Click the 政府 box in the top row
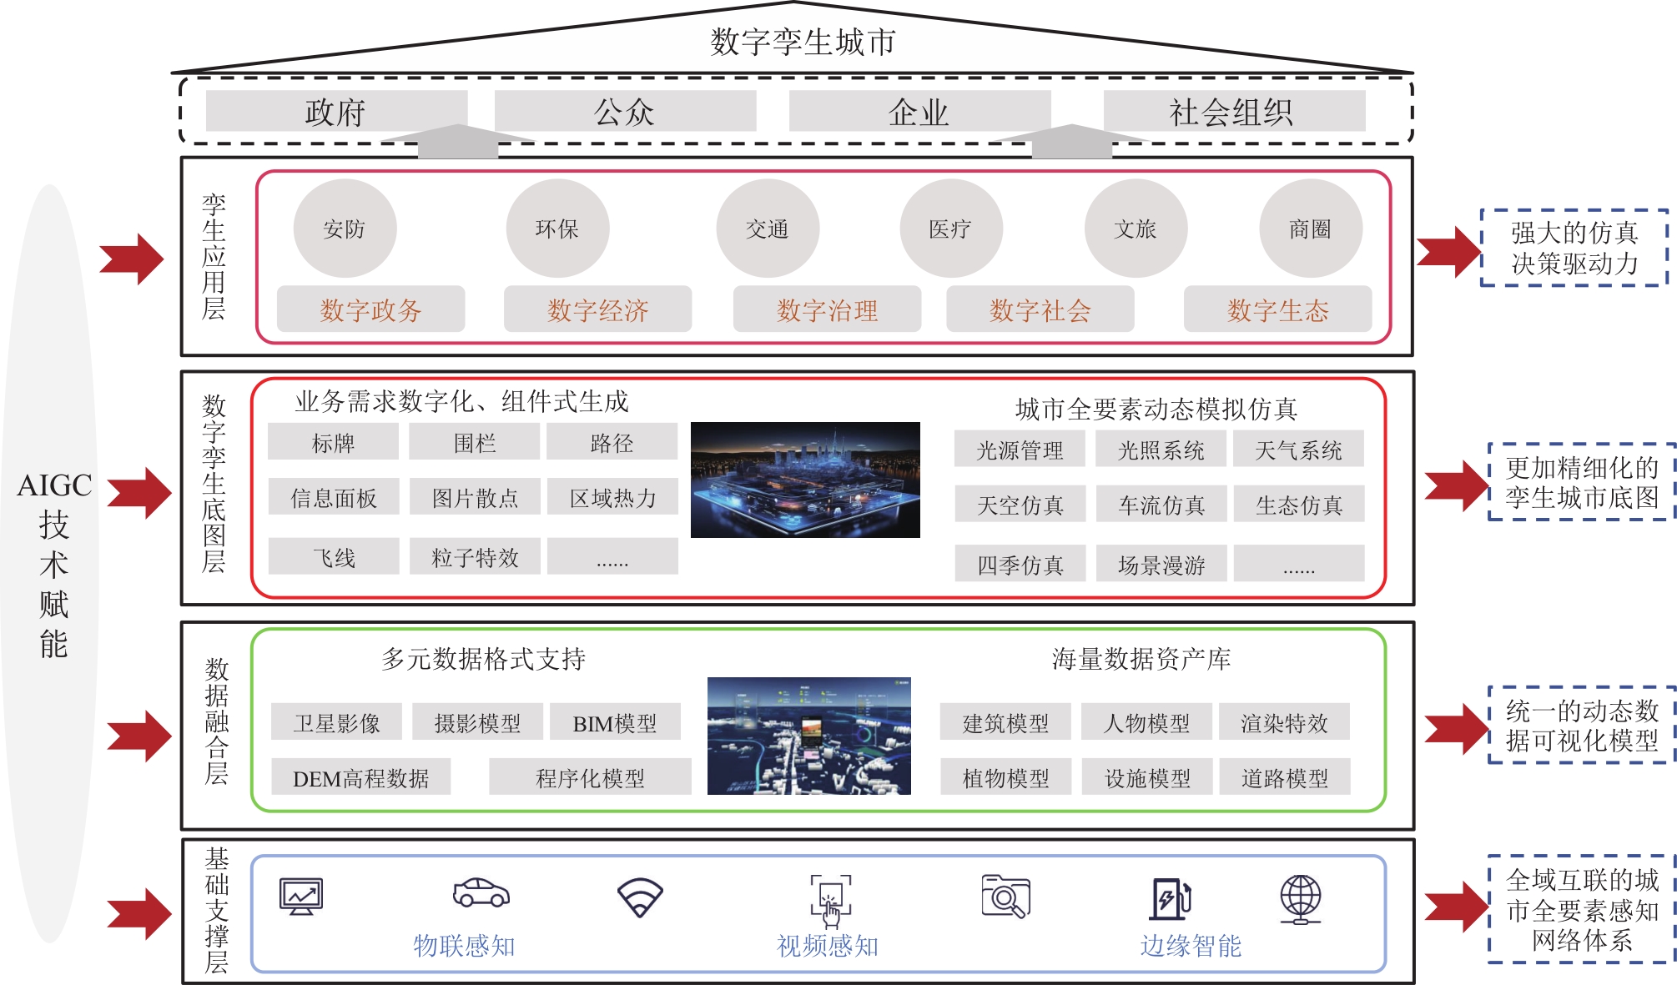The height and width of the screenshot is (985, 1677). tap(336, 111)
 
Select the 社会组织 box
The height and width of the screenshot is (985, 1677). tap(1234, 111)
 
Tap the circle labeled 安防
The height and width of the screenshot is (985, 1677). tap(345, 229)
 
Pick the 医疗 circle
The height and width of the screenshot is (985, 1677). tap(951, 229)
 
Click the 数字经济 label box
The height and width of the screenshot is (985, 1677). tap(597, 309)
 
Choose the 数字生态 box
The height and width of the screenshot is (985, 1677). tap(1277, 309)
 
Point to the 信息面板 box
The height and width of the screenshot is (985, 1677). tap(333, 497)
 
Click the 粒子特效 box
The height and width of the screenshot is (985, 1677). tap(475, 556)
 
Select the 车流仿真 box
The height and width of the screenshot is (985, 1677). tap(1161, 504)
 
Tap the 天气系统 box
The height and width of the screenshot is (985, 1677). tap(1299, 450)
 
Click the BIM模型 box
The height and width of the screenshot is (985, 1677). tap(615, 722)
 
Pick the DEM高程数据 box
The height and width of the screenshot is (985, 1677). tap(360, 777)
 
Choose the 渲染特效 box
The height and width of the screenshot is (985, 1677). tap(1284, 722)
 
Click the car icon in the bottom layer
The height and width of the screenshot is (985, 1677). tap(481, 892)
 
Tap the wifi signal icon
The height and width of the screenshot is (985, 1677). tap(640, 897)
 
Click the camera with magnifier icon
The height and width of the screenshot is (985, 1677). tap(1006, 897)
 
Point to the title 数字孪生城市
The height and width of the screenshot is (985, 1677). tap(803, 42)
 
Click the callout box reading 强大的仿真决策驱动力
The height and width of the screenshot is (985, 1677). tap(1574, 248)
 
